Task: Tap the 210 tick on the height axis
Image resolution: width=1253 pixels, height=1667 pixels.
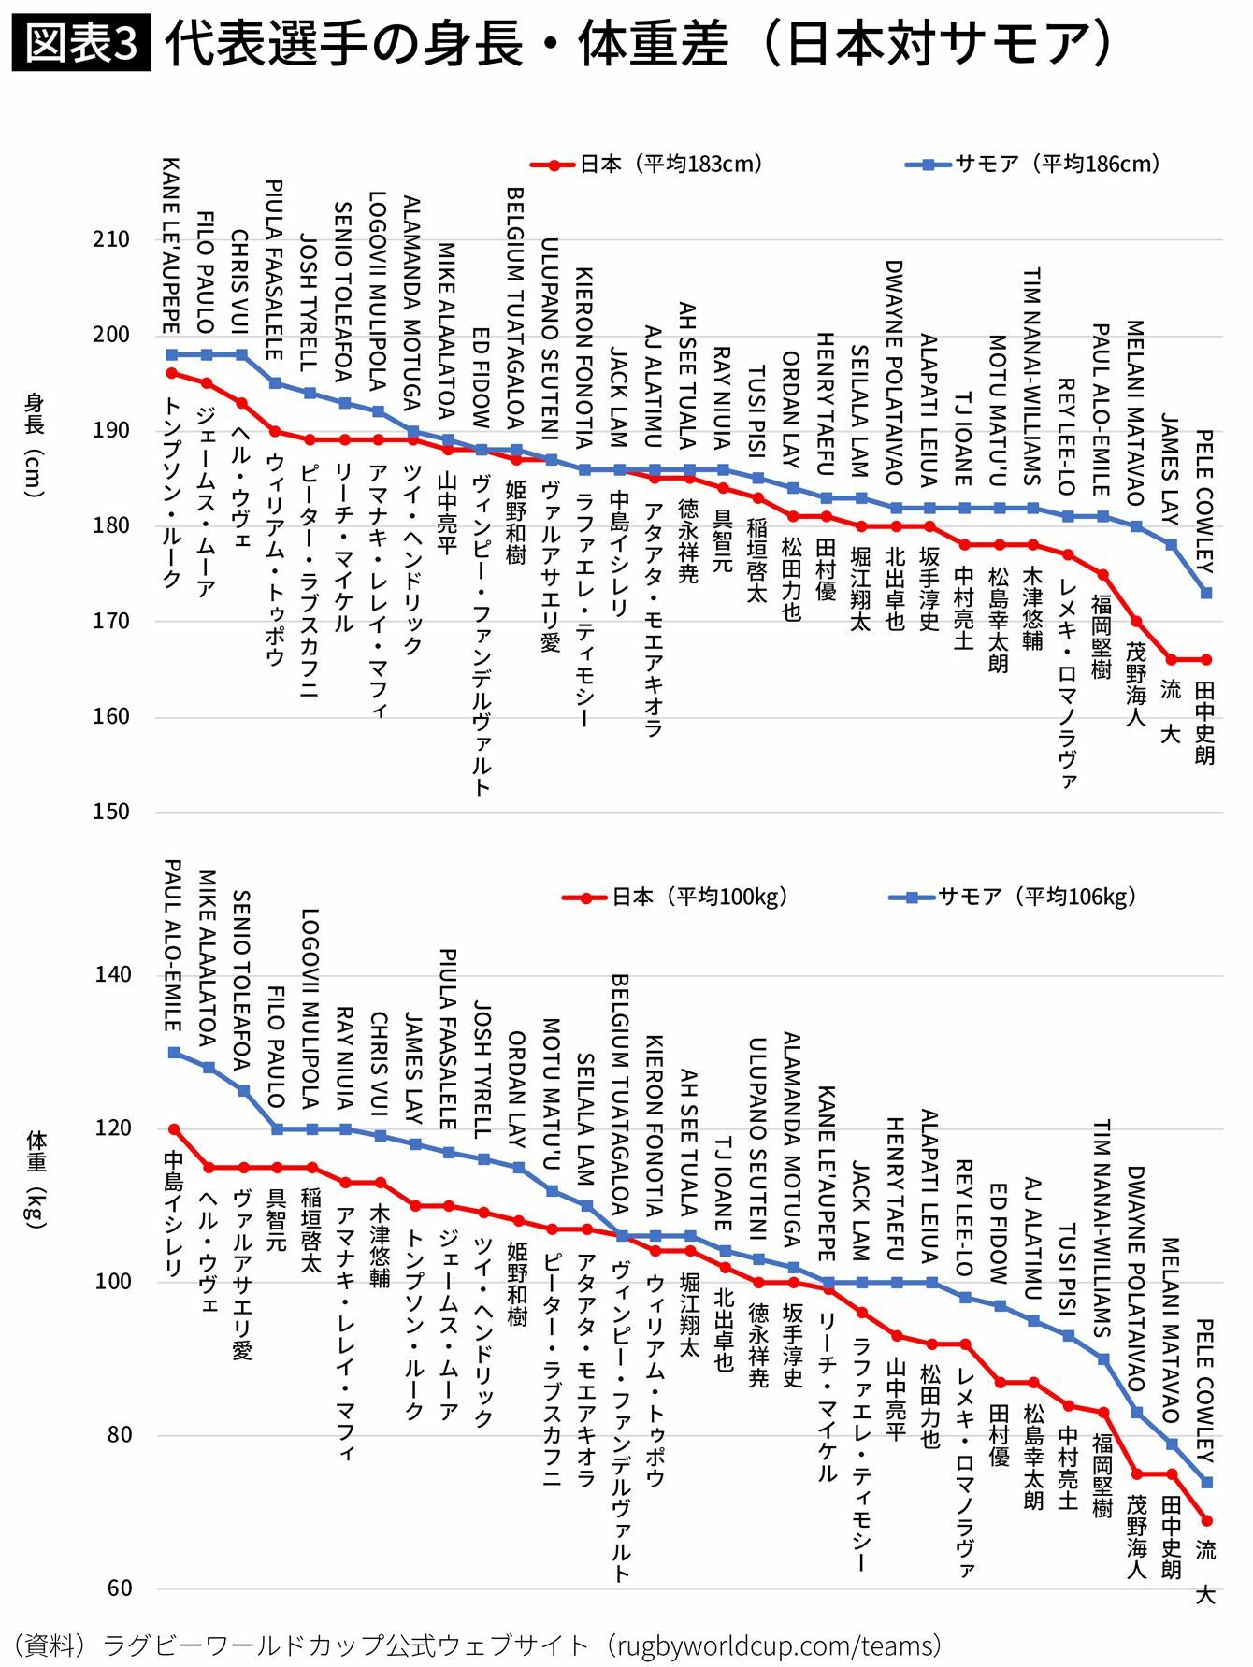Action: tap(111, 239)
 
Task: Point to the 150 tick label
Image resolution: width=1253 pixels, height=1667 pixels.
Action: tap(111, 812)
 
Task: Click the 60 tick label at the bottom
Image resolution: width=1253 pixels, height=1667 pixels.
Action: tap(119, 1588)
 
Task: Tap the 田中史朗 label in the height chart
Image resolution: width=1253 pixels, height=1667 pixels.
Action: tap(1205, 723)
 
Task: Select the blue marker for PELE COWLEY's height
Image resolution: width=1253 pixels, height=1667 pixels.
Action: tap(1206, 593)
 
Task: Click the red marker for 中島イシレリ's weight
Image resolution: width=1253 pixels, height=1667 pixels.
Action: tap(174, 1129)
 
